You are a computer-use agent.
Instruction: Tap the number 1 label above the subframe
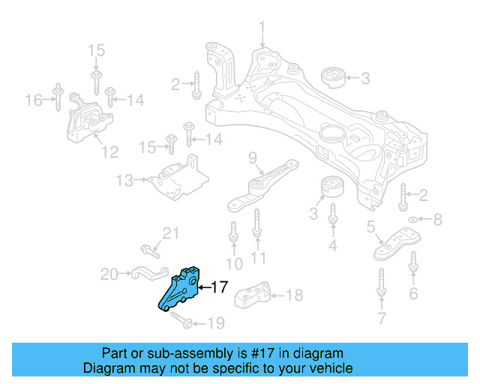(x=262, y=29)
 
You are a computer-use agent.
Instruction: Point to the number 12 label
(x=109, y=152)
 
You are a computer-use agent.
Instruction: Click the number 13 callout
(x=124, y=181)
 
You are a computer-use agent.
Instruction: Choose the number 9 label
(x=253, y=157)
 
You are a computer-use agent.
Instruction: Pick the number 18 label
(x=295, y=295)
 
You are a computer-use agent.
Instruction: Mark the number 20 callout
(x=109, y=275)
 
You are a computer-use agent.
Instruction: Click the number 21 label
(x=172, y=233)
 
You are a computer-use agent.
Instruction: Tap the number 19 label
(x=215, y=324)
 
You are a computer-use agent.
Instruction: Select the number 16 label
(x=33, y=100)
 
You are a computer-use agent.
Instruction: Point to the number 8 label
(x=439, y=220)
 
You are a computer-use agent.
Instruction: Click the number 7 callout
(x=381, y=321)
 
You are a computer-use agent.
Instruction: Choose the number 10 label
(x=235, y=263)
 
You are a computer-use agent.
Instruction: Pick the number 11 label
(x=258, y=259)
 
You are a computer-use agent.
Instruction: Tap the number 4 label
(x=333, y=244)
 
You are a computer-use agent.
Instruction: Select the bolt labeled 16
(x=56, y=99)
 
